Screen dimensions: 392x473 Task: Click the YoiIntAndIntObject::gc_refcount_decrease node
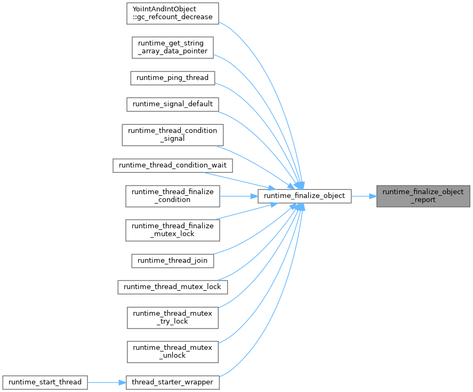(173, 13)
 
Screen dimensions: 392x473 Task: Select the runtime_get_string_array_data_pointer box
(173, 47)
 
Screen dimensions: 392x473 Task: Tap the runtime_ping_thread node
(172, 78)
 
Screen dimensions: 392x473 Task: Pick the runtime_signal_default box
(172, 103)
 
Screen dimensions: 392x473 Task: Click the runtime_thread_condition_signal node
(172, 134)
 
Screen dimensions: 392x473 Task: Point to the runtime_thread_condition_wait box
(172, 165)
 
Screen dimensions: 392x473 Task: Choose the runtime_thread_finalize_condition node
(172, 196)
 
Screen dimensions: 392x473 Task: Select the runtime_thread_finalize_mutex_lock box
(172, 230)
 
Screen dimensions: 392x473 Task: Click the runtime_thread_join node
(172, 261)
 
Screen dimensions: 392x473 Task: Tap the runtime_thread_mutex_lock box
(172, 287)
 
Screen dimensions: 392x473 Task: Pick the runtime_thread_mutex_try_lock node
(172, 317)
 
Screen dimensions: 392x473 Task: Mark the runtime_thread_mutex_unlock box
(172, 351)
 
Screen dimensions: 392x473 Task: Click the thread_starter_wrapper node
(172, 382)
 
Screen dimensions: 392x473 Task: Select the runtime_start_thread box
(44, 382)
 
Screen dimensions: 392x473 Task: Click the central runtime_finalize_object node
(304, 196)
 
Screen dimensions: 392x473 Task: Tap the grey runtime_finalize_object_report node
(423, 196)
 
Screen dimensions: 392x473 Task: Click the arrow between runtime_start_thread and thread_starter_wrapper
(106, 382)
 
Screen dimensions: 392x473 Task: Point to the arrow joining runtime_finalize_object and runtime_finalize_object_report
(364, 196)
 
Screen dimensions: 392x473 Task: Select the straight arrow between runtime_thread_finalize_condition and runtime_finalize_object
(238, 196)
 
